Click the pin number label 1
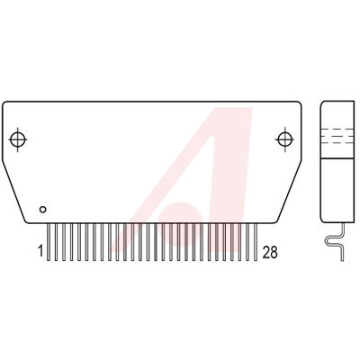click(x=40, y=251)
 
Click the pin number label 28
click(x=270, y=252)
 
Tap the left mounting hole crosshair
click(x=18, y=139)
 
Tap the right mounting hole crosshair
click(x=283, y=139)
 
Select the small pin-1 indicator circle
click(x=43, y=210)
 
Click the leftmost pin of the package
click(x=49, y=242)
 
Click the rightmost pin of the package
click(x=256, y=242)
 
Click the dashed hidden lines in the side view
click(x=337, y=136)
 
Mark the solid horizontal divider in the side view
click(x=337, y=158)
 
